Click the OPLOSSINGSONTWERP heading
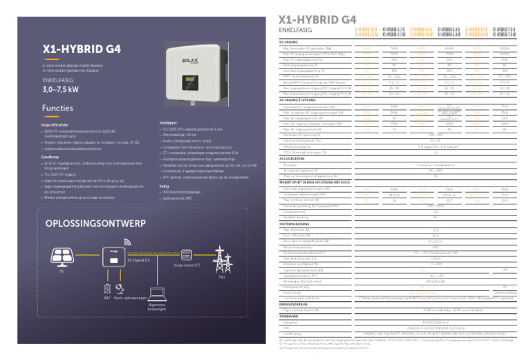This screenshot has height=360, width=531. tap(86, 225)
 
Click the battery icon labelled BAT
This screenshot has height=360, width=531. tap(108, 288)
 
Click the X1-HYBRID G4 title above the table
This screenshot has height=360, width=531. tap(309, 20)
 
